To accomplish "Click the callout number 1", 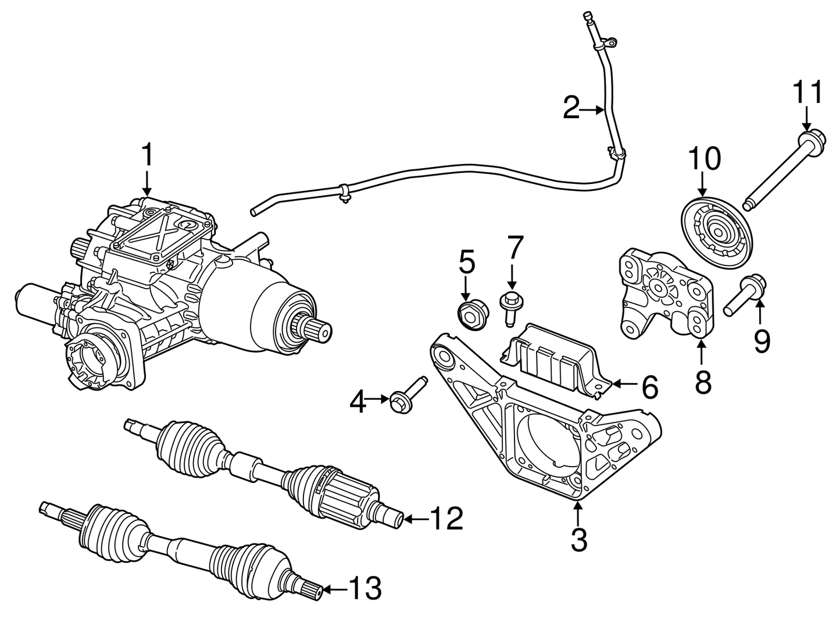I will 147,155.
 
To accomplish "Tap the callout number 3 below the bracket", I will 578,539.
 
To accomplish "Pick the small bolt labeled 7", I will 510,305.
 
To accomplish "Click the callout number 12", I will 446,518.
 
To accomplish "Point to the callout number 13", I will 364,588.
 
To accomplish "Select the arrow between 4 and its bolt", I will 379,399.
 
